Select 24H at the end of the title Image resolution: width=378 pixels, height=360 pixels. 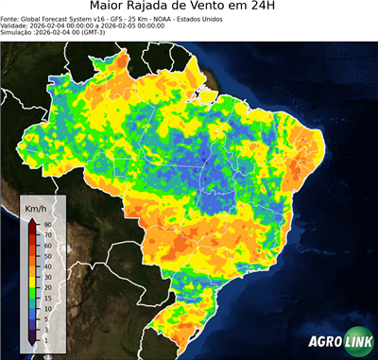click(301, 8)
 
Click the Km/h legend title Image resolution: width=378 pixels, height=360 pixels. click(36, 208)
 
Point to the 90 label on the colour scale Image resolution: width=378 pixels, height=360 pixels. click(47, 224)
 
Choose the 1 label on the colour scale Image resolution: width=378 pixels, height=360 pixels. click(45, 338)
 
